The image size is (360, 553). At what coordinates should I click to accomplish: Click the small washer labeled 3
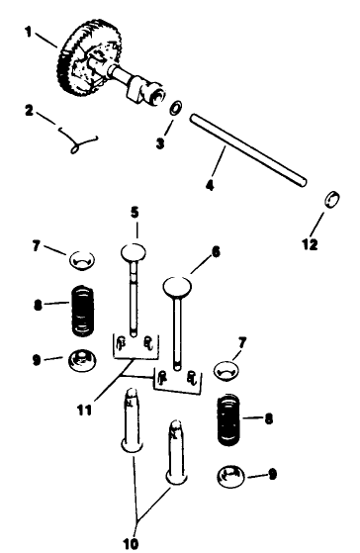(174, 109)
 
